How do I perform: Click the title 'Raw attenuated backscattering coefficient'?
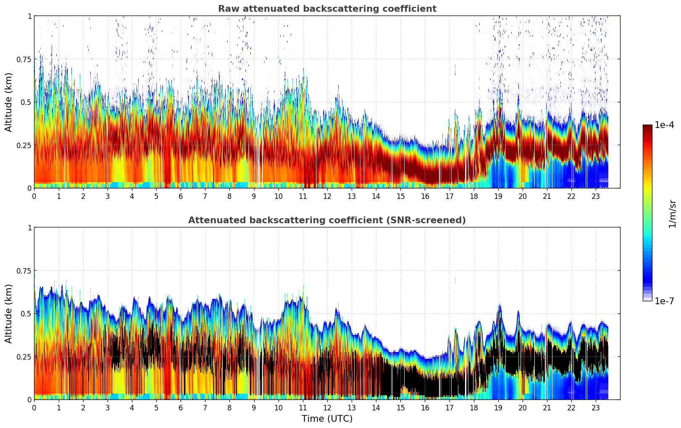[x=327, y=9]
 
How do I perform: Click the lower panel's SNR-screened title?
[x=327, y=220]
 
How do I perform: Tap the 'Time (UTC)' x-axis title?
[x=327, y=419]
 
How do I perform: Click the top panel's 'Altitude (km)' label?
[x=9, y=102]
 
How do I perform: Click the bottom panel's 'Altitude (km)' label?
[x=9, y=313]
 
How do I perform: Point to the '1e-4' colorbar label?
[x=664, y=125]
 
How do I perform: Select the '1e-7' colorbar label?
[x=664, y=301]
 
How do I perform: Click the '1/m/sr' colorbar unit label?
[x=672, y=214]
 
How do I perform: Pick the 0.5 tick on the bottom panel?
[x=26, y=313]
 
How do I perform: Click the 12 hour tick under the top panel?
[x=327, y=196]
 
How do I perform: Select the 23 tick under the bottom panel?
[x=596, y=408]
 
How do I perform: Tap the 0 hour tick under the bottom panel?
[x=34, y=408]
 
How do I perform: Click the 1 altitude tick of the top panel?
[x=29, y=16]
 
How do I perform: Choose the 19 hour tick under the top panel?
[x=498, y=196]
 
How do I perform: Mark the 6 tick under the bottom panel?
[x=181, y=408]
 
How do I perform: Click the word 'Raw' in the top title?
[x=226, y=9]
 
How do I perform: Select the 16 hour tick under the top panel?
[x=425, y=196]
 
